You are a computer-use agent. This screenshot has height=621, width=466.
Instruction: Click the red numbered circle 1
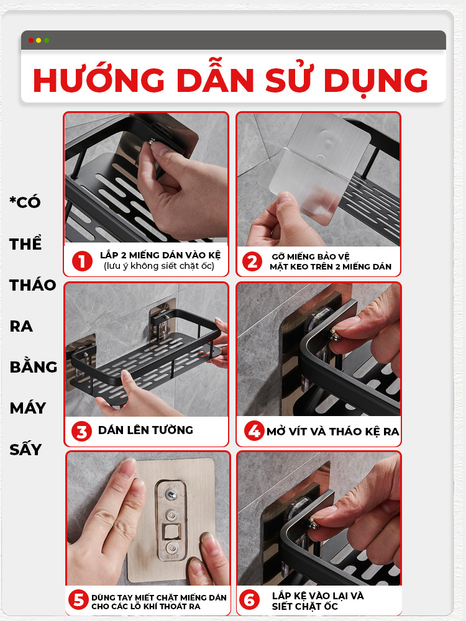click(81, 261)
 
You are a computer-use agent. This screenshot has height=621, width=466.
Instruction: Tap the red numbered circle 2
click(252, 262)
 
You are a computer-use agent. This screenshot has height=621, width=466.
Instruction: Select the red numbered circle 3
click(81, 432)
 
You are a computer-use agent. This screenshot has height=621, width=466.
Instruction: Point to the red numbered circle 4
click(254, 431)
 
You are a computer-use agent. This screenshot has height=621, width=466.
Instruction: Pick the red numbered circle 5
click(78, 600)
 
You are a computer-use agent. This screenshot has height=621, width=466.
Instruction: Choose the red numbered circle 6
click(250, 600)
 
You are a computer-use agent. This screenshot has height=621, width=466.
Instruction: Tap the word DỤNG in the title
click(376, 80)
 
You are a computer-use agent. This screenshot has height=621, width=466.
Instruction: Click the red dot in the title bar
click(31, 40)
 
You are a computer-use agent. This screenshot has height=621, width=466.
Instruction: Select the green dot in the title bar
click(47, 40)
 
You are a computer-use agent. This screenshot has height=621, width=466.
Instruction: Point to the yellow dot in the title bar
click(39, 40)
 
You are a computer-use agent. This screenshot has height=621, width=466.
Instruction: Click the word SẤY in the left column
click(25, 449)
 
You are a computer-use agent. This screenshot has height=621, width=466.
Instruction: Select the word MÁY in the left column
click(28, 408)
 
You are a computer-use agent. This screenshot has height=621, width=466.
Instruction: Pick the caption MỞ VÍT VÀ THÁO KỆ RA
click(332, 431)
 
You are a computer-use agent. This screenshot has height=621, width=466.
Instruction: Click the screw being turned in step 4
click(336, 336)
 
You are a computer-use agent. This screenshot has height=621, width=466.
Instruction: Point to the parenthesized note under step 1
click(159, 266)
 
